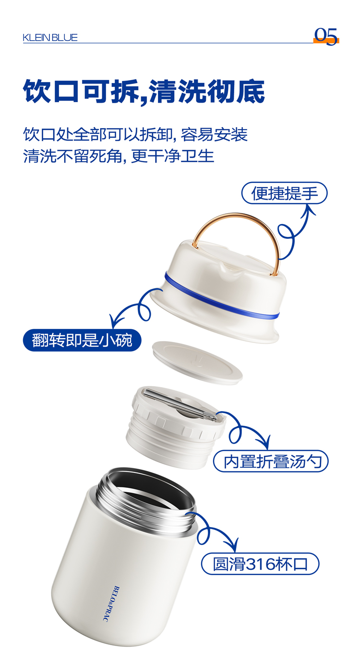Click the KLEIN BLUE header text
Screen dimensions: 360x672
click(x=50, y=37)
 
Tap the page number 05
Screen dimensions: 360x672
click(x=325, y=36)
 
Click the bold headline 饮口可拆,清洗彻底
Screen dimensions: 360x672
click(x=144, y=92)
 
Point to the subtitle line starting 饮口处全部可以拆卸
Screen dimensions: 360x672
click(x=135, y=134)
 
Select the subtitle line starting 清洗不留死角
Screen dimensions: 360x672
click(x=119, y=156)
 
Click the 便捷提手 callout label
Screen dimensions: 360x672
click(x=284, y=193)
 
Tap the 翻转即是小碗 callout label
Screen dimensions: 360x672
click(x=82, y=340)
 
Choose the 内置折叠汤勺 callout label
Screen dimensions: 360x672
click(x=271, y=461)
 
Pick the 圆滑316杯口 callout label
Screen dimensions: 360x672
click(x=260, y=564)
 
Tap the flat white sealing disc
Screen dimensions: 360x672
click(x=197, y=363)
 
